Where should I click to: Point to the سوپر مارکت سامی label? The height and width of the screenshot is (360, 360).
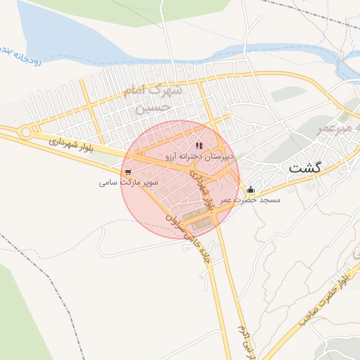(129, 182)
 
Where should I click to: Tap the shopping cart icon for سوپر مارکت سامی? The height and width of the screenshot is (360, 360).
(127, 171)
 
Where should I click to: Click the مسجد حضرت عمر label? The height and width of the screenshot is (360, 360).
(250, 200)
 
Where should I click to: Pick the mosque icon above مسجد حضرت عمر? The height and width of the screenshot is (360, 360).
(251, 189)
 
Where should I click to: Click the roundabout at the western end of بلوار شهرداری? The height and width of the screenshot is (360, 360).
(26, 131)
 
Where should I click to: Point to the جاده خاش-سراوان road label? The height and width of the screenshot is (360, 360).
(189, 238)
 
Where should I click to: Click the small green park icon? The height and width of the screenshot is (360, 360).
(345, 116)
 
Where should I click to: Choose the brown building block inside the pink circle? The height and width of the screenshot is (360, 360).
(202, 224)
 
